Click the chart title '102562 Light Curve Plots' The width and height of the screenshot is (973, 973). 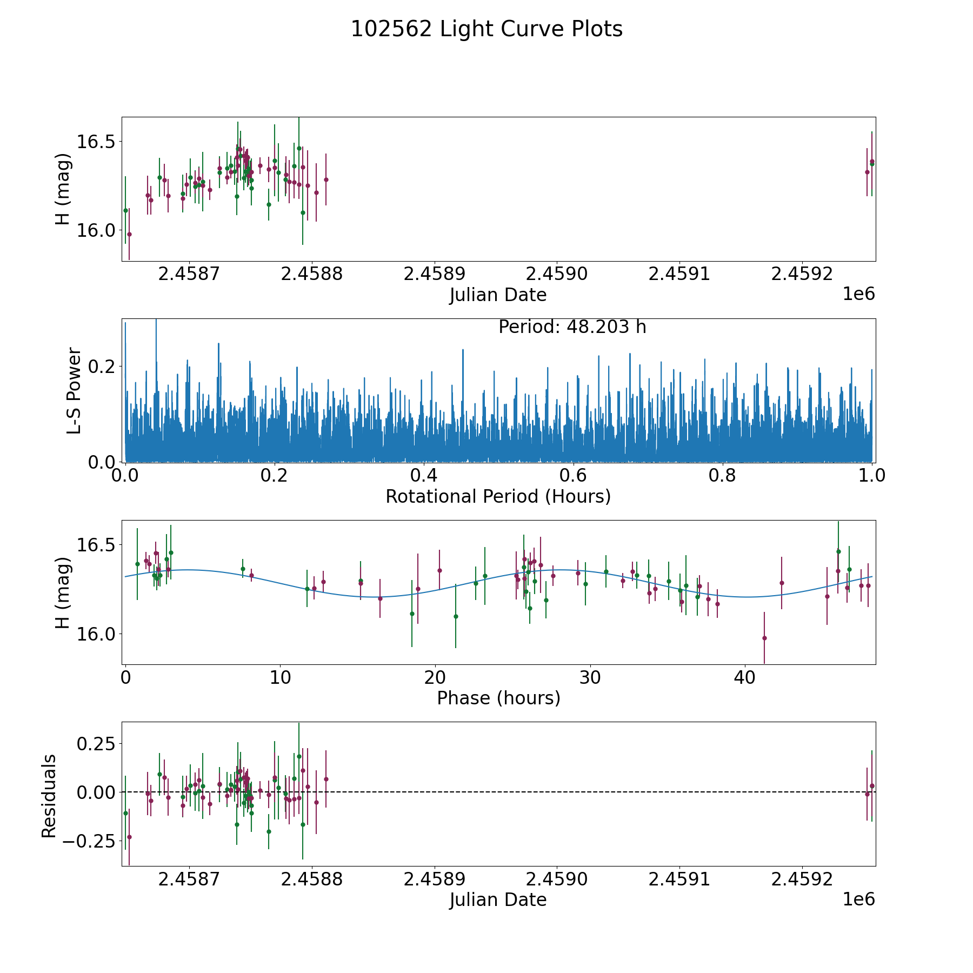pos(486,29)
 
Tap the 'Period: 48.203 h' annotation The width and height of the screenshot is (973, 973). pos(572,327)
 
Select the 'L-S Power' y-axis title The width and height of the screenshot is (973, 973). pos(74,390)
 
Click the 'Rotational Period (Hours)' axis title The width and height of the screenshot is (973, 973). pos(498,496)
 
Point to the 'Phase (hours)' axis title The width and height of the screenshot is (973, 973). pos(498,698)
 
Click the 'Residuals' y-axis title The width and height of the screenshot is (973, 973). pos(49,796)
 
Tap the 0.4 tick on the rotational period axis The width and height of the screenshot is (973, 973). pos(424,476)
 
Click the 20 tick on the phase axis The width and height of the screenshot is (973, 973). pos(435,677)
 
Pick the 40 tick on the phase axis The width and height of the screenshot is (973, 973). pos(744,677)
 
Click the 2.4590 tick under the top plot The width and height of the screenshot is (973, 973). pos(557,274)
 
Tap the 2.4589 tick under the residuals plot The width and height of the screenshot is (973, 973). pos(435,879)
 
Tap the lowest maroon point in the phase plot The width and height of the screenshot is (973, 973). pos(764,638)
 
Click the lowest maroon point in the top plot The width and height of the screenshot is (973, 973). pos(129,234)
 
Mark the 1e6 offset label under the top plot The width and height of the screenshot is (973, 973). pos(858,294)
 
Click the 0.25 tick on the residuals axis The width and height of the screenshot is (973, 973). pos(96,743)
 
